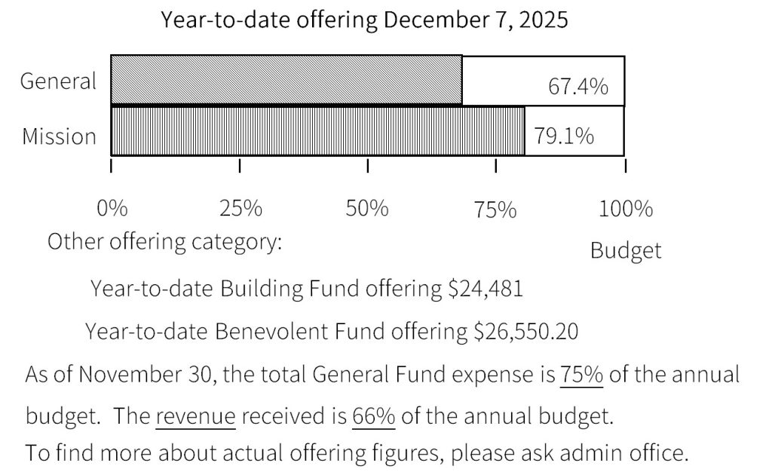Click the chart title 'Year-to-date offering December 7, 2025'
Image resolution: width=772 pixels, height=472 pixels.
364,20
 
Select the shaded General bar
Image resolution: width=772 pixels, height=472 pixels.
286,80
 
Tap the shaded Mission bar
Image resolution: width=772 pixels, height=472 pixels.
317,131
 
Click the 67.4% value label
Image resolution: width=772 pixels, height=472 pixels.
577,87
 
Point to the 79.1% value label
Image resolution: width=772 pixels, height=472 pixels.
564,136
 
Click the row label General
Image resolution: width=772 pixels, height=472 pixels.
59,81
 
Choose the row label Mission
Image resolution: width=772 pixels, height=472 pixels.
59,136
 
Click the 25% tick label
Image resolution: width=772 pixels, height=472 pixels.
240,208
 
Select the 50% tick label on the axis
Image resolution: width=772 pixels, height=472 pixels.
367,208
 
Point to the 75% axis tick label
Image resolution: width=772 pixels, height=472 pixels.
496,210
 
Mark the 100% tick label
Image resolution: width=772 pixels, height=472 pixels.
626,208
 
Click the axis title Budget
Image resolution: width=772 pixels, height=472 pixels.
625,250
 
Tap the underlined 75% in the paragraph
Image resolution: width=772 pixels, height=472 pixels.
581,375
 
